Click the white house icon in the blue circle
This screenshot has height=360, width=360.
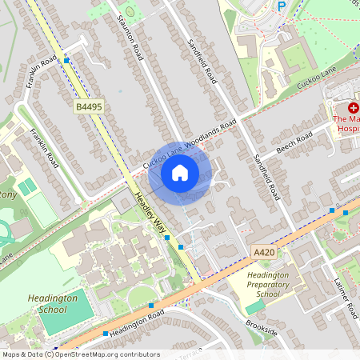coord(180,172)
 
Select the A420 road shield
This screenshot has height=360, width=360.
coord(264,252)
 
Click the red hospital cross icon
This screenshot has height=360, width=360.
coord(353,106)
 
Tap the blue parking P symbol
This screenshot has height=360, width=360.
coord(281,6)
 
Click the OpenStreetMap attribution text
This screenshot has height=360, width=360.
coord(80,354)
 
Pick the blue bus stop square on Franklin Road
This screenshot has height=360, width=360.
coord(67,60)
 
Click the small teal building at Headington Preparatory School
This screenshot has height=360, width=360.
coord(255,307)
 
